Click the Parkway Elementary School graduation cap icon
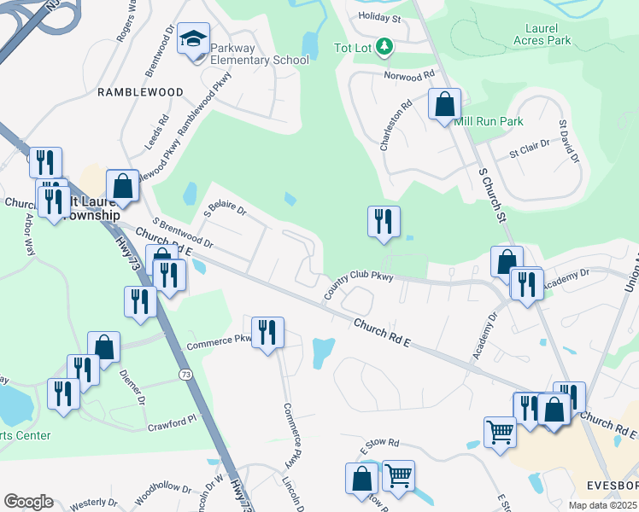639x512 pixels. click(x=193, y=39)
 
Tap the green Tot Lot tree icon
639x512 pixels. click(x=385, y=47)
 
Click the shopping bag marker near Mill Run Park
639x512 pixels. click(x=444, y=106)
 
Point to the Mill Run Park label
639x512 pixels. click(x=489, y=122)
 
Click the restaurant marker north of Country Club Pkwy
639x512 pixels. click(x=384, y=222)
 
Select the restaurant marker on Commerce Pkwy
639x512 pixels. click(x=267, y=333)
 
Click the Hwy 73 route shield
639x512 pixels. click(x=185, y=374)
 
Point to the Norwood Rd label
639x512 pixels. click(x=411, y=77)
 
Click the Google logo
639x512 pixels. click(x=28, y=501)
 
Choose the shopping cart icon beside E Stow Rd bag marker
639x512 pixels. click(x=398, y=476)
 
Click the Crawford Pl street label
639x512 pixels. click(x=172, y=422)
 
